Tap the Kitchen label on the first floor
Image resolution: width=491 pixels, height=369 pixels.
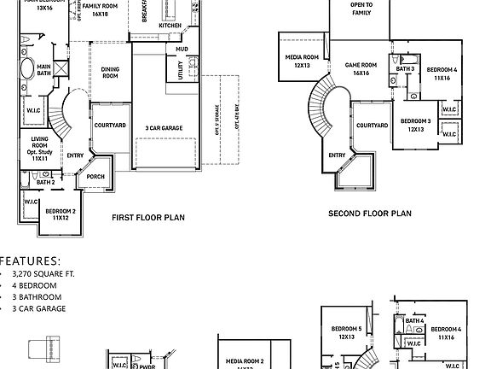click(x=170, y=26)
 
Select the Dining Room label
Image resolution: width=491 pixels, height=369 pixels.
click(x=111, y=73)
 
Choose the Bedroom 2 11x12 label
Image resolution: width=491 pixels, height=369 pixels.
click(x=61, y=214)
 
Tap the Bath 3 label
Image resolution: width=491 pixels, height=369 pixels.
click(x=407, y=68)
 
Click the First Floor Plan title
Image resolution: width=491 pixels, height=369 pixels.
click(x=147, y=218)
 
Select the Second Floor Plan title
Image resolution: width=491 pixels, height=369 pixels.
click(x=370, y=214)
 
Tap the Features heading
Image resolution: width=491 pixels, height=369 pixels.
click(x=31, y=260)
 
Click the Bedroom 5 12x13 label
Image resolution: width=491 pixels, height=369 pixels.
click(x=348, y=333)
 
